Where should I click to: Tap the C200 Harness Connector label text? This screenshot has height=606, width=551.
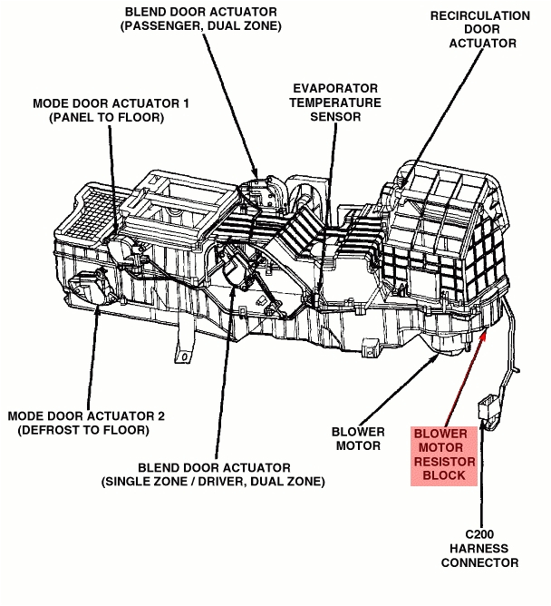tap(479, 548)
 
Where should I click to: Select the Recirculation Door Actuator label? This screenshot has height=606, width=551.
tap(479, 30)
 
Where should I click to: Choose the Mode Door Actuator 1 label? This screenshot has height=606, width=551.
tap(111, 110)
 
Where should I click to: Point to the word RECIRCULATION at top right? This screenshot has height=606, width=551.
tap(479, 15)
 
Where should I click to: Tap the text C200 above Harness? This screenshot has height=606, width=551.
tap(479, 533)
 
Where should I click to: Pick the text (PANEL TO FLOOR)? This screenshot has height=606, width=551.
tap(111, 117)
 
